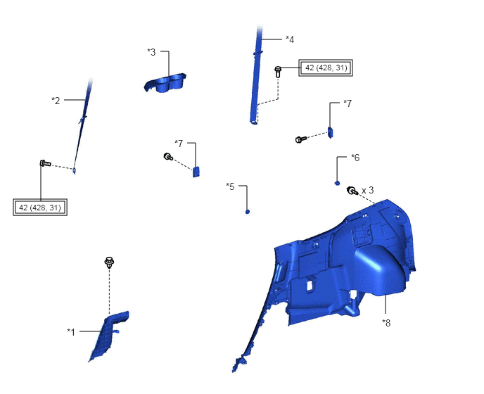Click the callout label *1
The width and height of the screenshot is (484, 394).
[x=71, y=332]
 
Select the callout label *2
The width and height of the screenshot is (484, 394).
[x=56, y=101]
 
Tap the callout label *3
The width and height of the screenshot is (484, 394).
[x=151, y=52]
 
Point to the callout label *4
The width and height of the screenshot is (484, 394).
[x=290, y=39]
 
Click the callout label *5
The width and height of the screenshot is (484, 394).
[x=230, y=186]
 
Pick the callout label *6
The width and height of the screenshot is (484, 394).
[x=355, y=158]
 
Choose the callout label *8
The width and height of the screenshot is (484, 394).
[x=386, y=323]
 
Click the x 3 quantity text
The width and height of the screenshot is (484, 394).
[x=367, y=190]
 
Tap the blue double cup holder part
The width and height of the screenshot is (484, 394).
[x=165, y=83]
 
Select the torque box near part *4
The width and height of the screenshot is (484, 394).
[x=326, y=68]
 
